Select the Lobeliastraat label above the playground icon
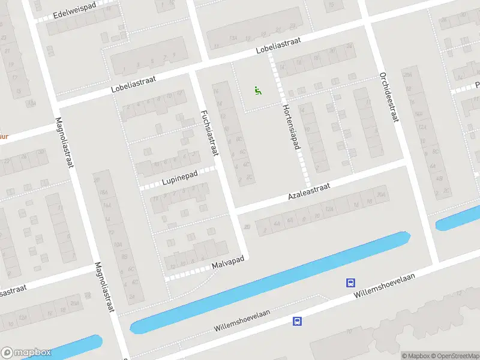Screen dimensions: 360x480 (x=278, y=44)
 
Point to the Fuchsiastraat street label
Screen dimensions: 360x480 (x=209, y=133)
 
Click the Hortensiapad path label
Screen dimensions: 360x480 (x=292, y=125)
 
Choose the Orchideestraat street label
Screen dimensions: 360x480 (x=388, y=97)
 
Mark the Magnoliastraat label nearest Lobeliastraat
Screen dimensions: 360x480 (x=64, y=142)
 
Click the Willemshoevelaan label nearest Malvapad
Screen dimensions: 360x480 (x=243, y=321)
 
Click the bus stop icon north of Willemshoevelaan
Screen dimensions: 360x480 (x=350, y=283)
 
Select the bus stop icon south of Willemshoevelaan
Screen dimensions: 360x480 (x=296, y=321)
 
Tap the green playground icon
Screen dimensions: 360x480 (x=258, y=91)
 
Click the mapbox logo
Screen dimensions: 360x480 (x=26, y=353)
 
